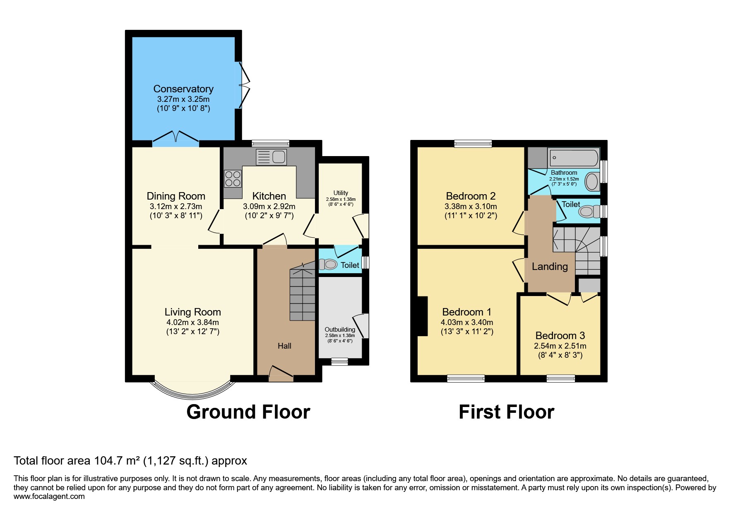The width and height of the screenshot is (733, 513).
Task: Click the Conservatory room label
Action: [x=183, y=89]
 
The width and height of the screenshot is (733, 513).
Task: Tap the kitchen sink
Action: [x=272, y=157]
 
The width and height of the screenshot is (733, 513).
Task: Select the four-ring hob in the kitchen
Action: [x=233, y=179]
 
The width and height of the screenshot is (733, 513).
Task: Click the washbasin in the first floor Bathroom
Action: [x=592, y=181]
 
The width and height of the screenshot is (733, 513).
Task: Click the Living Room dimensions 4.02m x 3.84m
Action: [x=192, y=322]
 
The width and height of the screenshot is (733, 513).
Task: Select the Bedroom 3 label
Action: [x=560, y=335]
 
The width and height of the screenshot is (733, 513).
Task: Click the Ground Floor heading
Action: [x=248, y=412]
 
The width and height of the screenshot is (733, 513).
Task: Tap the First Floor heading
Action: [x=506, y=412]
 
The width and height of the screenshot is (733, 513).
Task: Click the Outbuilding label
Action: [x=340, y=330]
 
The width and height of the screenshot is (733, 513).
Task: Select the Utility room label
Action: [x=341, y=193]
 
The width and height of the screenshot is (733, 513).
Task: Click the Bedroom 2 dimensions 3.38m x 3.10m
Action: [x=471, y=206]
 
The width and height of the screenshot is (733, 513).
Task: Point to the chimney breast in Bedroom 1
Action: [x=422, y=316]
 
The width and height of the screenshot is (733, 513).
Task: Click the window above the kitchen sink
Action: [x=271, y=143]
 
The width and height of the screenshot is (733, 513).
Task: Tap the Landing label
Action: [x=550, y=267]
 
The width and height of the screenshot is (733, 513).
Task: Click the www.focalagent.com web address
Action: [x=49, y=496]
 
